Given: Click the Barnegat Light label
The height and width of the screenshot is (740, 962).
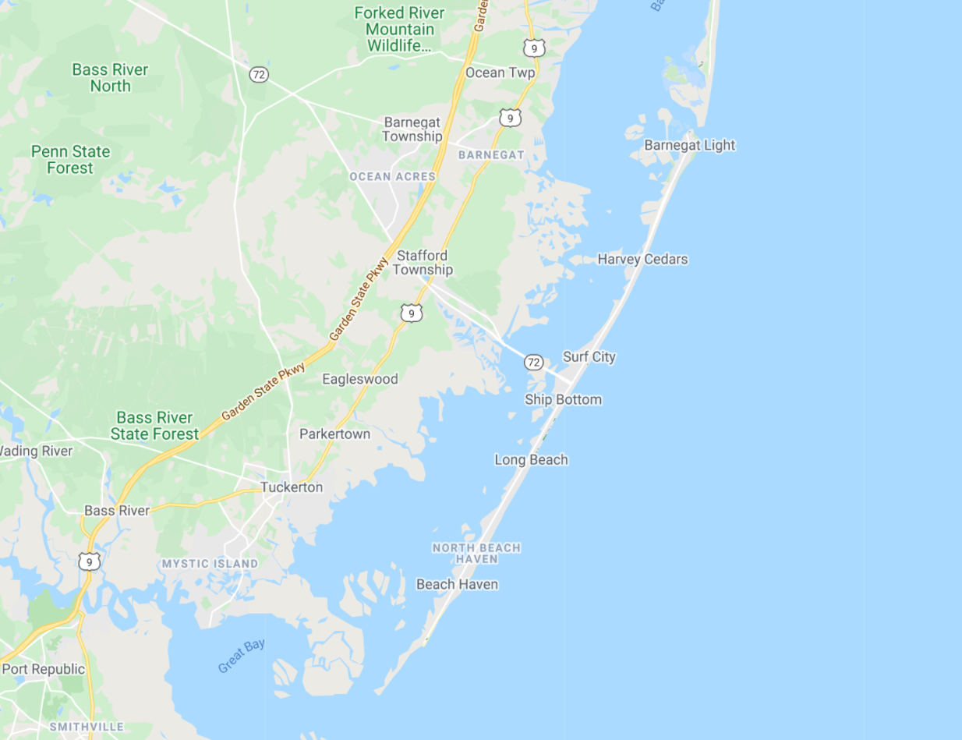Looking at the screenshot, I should click(x=689, y=145).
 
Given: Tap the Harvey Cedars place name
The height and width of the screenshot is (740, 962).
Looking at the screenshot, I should click(x=642, y=259).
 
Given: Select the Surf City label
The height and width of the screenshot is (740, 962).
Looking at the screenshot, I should click(x=589, y=356).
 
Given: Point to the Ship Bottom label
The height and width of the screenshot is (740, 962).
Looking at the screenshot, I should click(x=563, y=399).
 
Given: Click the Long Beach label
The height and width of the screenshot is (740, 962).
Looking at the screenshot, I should click(x=531, y=459).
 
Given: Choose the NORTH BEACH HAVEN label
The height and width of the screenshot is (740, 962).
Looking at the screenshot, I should click(x=476, y=553).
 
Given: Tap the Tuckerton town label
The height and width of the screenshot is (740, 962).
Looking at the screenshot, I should click(x=291, y=487).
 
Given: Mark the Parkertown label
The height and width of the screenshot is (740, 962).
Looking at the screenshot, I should click(x=334, y=434).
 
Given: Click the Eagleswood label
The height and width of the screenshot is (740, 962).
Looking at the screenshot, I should click(x=359, y=379).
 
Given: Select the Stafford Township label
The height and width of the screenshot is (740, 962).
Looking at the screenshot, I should click(x=423, y=263).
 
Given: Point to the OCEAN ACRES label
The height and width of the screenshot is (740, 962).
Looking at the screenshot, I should click(x=392, y=176).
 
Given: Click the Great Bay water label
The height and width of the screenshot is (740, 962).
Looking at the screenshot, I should click(x=242, y=656).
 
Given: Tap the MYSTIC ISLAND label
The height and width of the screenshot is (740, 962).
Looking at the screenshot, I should click(x=209, y=563).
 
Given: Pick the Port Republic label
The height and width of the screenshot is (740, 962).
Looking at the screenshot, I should click(x=43, y=668).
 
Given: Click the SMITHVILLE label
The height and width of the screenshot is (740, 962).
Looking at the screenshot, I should click(x=86, y=727).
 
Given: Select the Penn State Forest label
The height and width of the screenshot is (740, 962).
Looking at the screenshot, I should click(x=70, y=159).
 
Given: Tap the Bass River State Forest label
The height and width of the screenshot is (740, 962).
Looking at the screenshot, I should click(x=154, y=426).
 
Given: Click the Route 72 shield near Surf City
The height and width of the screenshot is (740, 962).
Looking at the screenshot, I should click(x=533, y=362).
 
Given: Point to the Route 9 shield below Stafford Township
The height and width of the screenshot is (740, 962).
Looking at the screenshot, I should click(x=412, y=313).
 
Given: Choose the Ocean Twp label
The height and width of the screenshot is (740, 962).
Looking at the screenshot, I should click(x=500, y=73).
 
